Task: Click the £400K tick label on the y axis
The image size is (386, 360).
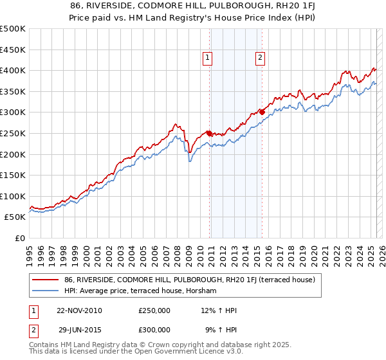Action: click(13, 71)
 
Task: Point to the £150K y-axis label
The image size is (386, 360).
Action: click(13, 175)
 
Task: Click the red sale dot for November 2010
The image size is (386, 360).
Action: click(210, 134)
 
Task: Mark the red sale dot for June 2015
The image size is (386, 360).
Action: click(262, 113)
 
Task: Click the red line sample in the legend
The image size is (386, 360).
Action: click(46, 280)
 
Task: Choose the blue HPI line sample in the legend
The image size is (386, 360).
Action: click(46, 291)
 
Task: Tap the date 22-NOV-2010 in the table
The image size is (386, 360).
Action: click(79, 310)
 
